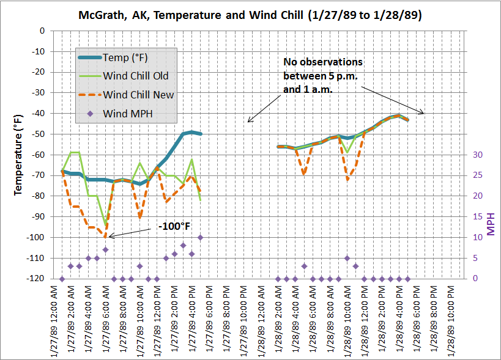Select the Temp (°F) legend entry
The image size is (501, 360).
point(125,58)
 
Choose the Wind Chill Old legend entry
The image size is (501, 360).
point(135,76)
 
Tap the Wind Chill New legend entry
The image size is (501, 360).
point(138,94)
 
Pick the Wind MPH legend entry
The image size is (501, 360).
point(127,112)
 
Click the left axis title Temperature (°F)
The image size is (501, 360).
point(18,154)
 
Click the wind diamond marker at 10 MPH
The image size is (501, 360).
point(200,237)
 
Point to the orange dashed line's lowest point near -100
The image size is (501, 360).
point(105,237)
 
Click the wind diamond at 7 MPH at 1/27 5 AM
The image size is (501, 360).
point(105,249)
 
